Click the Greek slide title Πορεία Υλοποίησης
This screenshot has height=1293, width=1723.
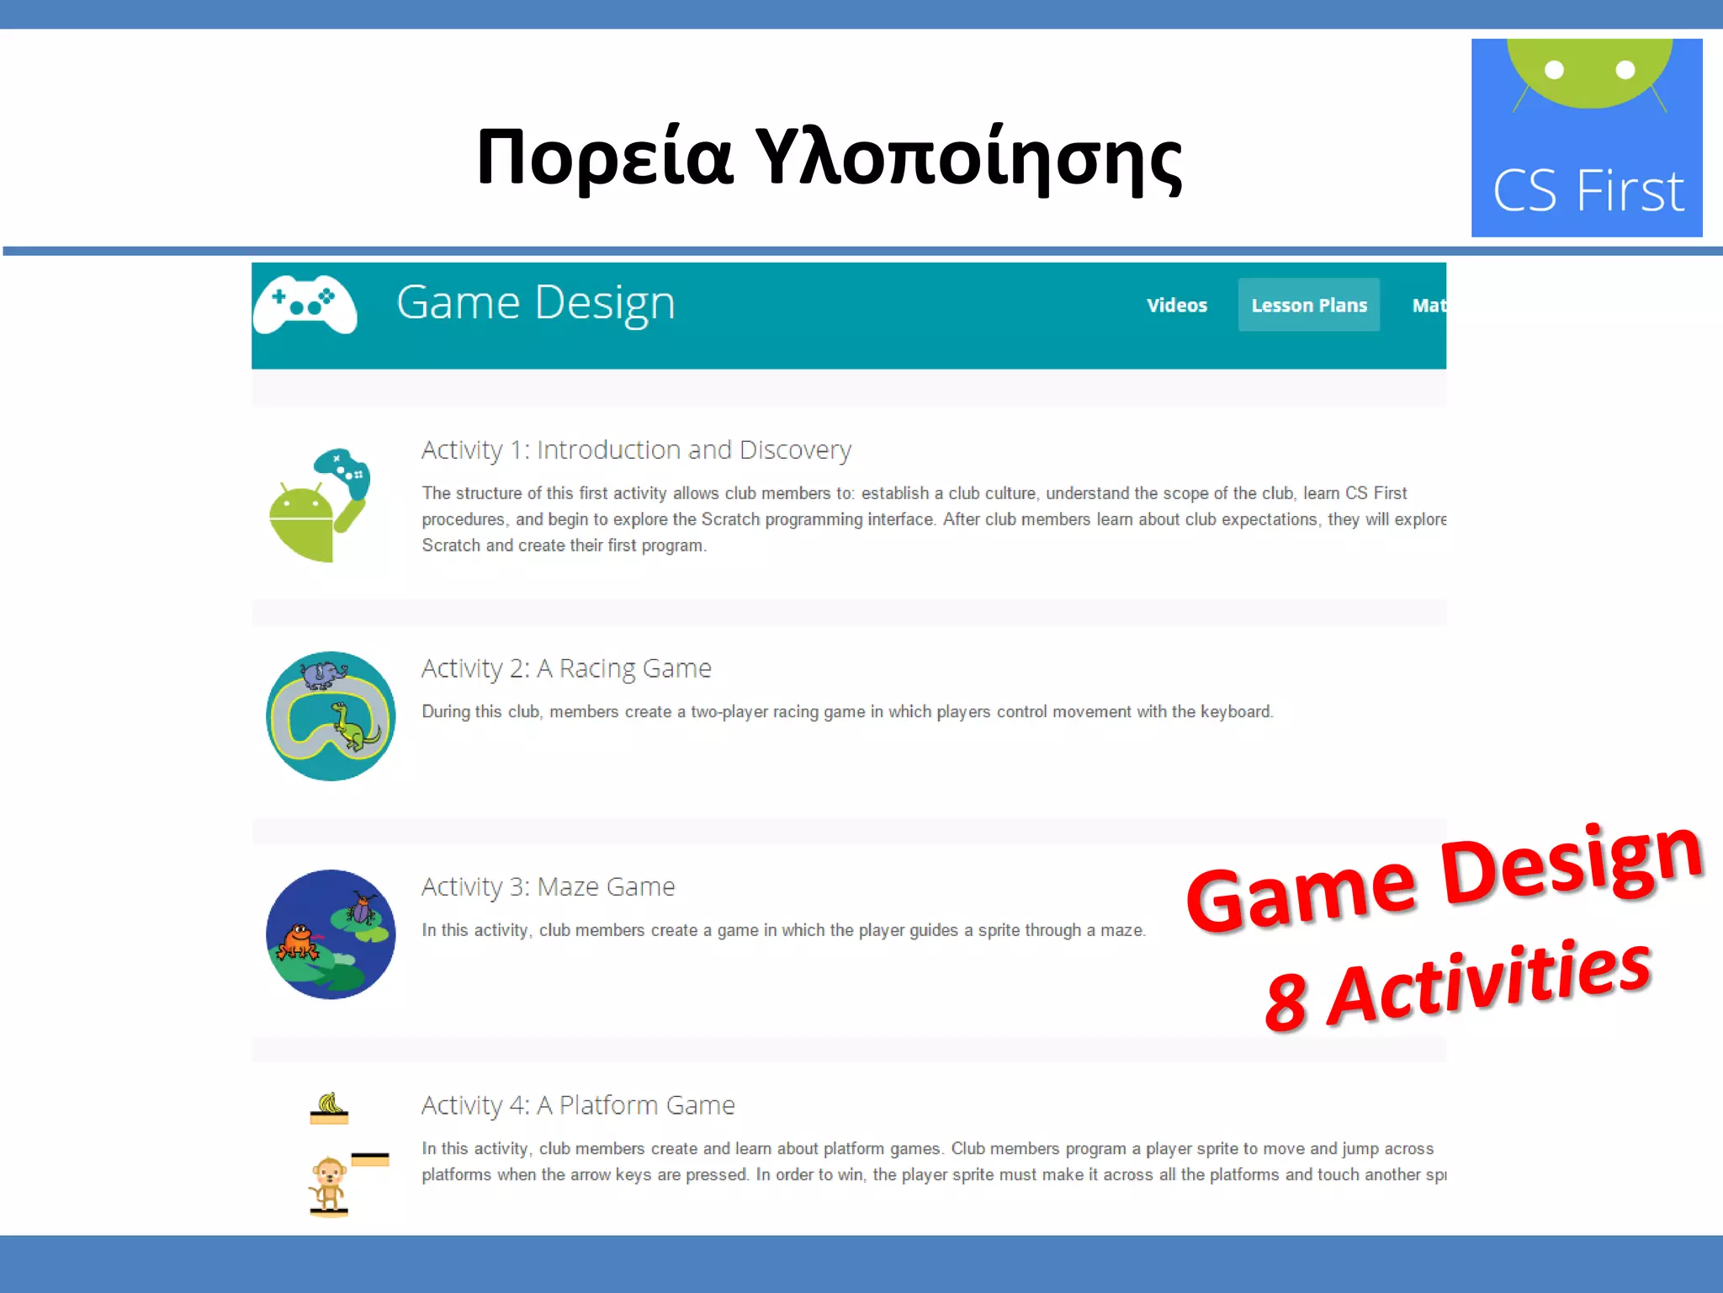pyautogui.click(x=829, y=158)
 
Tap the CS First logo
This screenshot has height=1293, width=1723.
pyautogui.click(x=1587, y=138)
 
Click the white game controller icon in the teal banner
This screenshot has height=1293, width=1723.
pyautogui.click(x=305, y=305)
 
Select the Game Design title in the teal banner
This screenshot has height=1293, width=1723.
pyautogui.click(x=536, y=303)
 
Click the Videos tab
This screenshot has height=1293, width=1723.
pyautogui.click(x=1176, y=306)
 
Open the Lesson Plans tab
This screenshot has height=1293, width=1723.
pyautogui.click(x=1308, y=306)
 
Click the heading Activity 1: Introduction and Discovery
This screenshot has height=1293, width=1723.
pyautogui.click(x=636, y=450)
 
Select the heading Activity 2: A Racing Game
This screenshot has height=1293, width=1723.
pyautogui.click(x=566, y=668)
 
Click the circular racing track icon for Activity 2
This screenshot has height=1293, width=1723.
pyautogui.click(x=331, y=716)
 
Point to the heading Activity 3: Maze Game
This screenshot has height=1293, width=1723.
pyautogui.click(x=548, y=887)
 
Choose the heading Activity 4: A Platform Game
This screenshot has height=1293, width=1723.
pyautogui.click(x=578, y=1105)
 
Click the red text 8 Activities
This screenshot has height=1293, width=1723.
pyautogui.click(x=1457, y=986)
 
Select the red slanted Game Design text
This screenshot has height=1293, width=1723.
pyautogui.click(x=1444, y=877)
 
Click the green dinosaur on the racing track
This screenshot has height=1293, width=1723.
pyautogui.click(x=353, y=726)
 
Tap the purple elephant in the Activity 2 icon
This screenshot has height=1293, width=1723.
pyautogui.click(x=323, y=674)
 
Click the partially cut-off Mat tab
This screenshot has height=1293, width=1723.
pyautogui.click(x=1429, y=306)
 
